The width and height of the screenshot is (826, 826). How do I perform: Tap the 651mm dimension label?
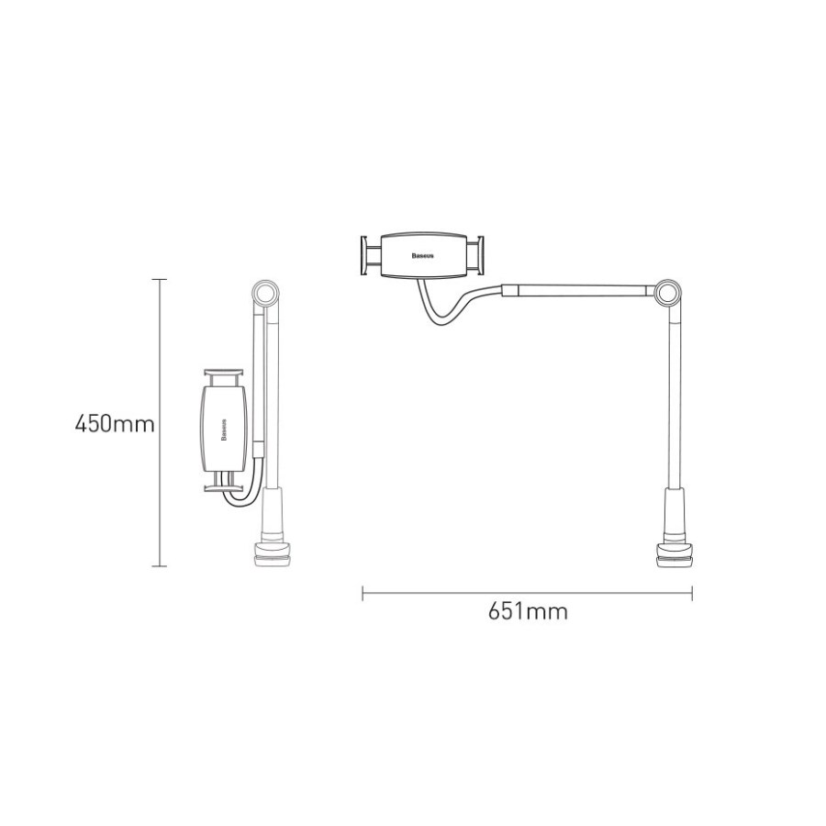click(527, 612)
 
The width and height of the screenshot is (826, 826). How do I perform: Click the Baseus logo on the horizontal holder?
click(424, 254)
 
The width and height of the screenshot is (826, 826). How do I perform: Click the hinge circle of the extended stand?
click(668, 296)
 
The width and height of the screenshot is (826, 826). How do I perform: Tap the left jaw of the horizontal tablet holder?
click(369, 254)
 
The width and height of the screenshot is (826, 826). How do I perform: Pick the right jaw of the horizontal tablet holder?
click(477, 254)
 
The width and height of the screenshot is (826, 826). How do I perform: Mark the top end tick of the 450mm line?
click(161, 278)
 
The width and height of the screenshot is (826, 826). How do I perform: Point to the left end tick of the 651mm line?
click(363, 593)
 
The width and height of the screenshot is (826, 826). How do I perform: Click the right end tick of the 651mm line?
click(692, 593)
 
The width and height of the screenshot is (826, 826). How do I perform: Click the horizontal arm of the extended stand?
click(578, 291)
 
